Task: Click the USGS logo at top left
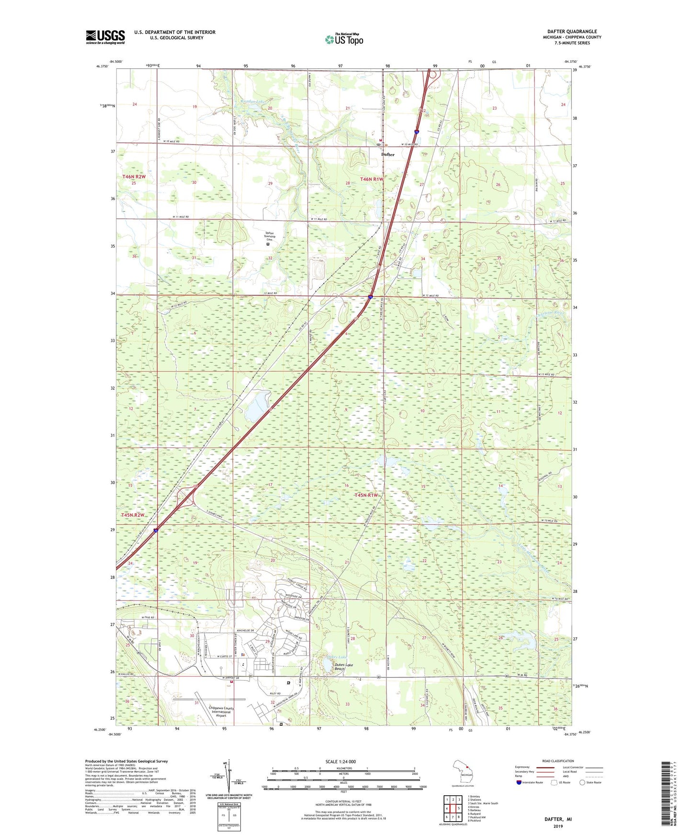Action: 105,37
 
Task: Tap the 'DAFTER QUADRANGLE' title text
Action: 572,32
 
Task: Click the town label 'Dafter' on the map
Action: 387,155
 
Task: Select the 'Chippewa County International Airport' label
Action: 221,712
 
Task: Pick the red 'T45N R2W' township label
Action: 133,515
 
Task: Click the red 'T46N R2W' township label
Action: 134,177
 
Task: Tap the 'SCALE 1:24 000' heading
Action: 340,762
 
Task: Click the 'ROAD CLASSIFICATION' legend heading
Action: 558,761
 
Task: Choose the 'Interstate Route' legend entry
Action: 532,782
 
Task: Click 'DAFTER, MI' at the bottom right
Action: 558,819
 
